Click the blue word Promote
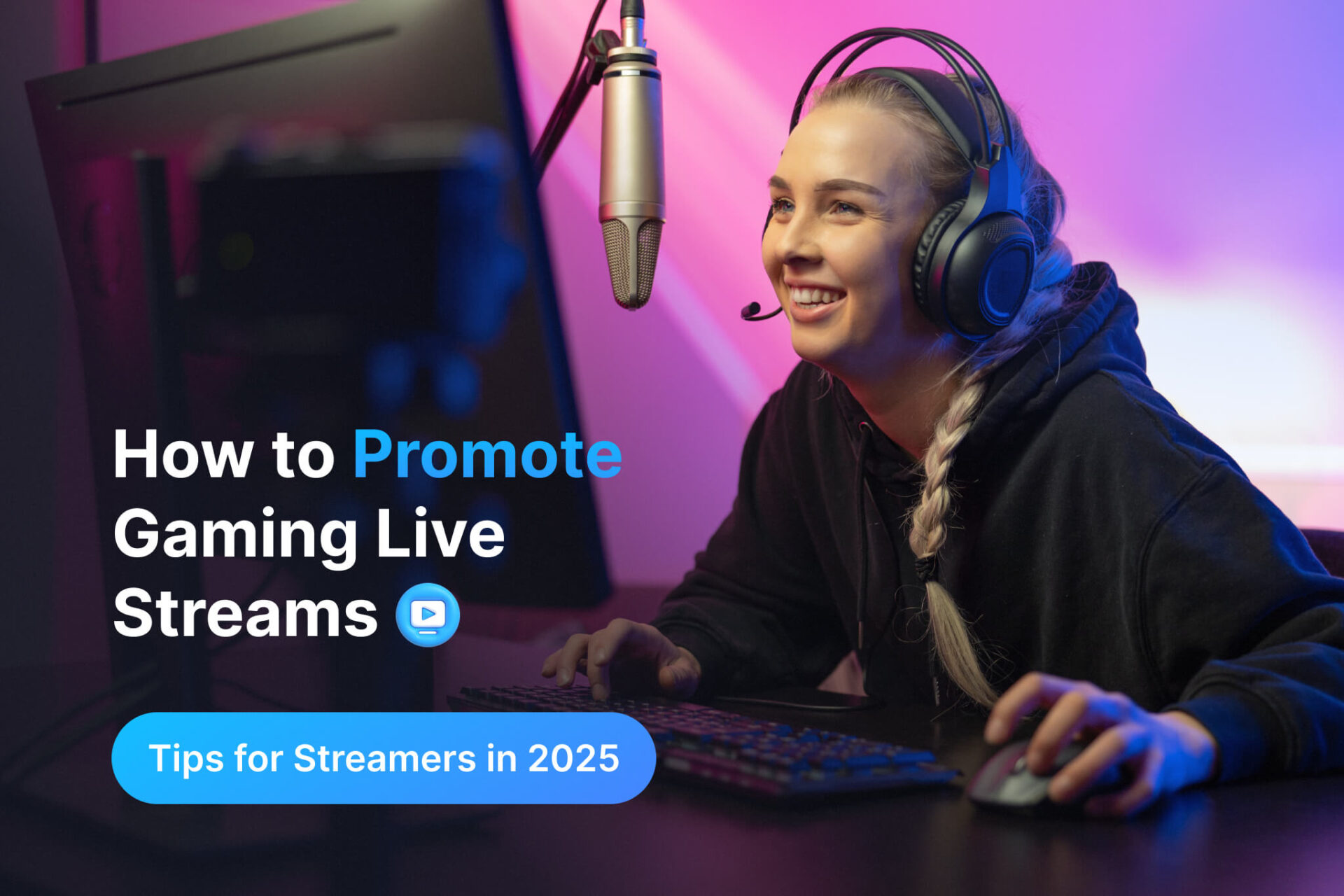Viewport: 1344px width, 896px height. coord(487,456)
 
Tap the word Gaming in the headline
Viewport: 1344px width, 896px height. coord(235,535)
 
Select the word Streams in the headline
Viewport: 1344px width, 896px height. coord(245,615)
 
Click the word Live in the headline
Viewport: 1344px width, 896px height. coord(440,534)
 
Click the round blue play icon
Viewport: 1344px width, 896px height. coord(428,615)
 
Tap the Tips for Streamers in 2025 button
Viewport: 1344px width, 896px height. coord(383,758)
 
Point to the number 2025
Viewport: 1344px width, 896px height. coord(573,758)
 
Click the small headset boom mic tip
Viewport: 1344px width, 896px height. coord(751,309)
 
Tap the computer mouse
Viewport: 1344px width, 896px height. coord(1015,773)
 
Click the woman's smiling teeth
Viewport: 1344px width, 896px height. coord(815,297)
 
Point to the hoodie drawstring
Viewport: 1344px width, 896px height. coord(862,532)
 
